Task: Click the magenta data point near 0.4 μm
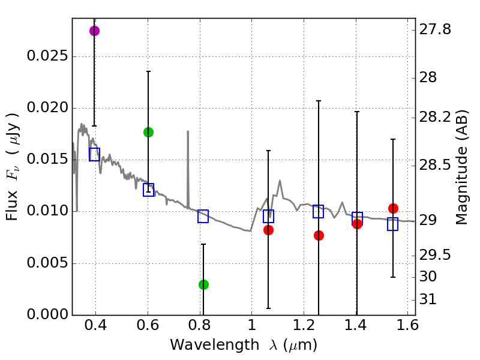(x=94, y=31)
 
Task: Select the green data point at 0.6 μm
(x=148, y=132)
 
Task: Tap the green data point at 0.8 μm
(x=203, y=284)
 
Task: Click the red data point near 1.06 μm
(x=268, y=230)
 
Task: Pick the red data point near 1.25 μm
(x=319, y=235)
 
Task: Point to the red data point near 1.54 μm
(x=393, y=208)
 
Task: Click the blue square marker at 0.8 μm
(x=203, y=217)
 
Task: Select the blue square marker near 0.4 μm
(x=94, y=154)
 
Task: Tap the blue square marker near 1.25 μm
(x=318, y=211)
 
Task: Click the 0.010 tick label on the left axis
(x=47, y=212)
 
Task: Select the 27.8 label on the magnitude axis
(x=436, y=29)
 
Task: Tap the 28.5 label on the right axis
(x=436, y=164)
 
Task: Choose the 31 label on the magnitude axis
(x=430, y=299)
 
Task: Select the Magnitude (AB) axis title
(x=461, y=167)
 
